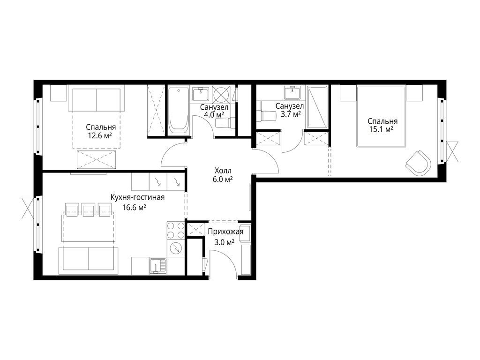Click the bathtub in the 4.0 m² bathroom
pos(179,111)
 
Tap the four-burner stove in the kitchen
pos(175,230)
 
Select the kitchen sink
pos(157,266)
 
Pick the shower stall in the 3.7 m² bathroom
pos(317,107)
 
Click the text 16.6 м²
pos(134,208)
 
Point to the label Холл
pos(223,171)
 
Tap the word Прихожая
pos(225,232)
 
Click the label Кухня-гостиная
pos(137,197)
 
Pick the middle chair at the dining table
pos(88,209)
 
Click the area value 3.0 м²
pos(225,242)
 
